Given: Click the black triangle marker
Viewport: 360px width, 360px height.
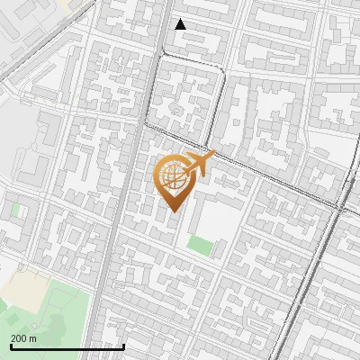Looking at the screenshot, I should pos(180,24).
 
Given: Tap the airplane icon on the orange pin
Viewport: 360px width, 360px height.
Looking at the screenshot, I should pos(200,163).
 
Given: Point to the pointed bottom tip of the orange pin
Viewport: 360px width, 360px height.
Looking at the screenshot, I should pos(173,211).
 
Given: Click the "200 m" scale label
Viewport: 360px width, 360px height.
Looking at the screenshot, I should pos(23,338).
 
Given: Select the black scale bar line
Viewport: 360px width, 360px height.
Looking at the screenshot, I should pos(67,346).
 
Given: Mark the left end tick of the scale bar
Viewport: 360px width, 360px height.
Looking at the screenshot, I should pos(11,345).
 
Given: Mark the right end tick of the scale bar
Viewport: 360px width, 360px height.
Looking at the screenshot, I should pos(123,345).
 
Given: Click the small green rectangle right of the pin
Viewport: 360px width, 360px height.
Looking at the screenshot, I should pos(200,245).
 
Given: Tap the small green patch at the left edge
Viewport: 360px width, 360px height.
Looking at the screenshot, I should pos(15,209).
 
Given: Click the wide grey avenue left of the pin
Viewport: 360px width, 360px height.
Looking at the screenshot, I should pos(115,225).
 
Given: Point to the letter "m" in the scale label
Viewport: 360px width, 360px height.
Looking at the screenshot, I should pos(33,338).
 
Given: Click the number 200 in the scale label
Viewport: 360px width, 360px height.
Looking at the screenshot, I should pos(18,338).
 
